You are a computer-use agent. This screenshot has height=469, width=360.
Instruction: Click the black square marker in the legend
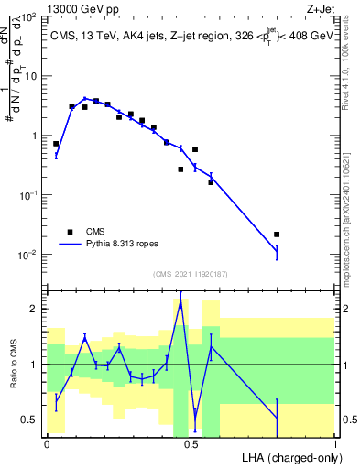(x=70, y=232)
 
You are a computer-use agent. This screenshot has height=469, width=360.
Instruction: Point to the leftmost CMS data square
(x=56, y=144)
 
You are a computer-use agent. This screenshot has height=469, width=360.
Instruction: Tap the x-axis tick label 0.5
(x=191, y=442)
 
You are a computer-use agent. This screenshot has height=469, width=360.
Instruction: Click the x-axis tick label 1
(x=334, y=442)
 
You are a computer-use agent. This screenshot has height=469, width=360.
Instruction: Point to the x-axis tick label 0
(x=47, y=442)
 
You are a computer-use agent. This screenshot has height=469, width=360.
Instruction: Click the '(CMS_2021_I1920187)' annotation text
(x=190, y=273)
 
